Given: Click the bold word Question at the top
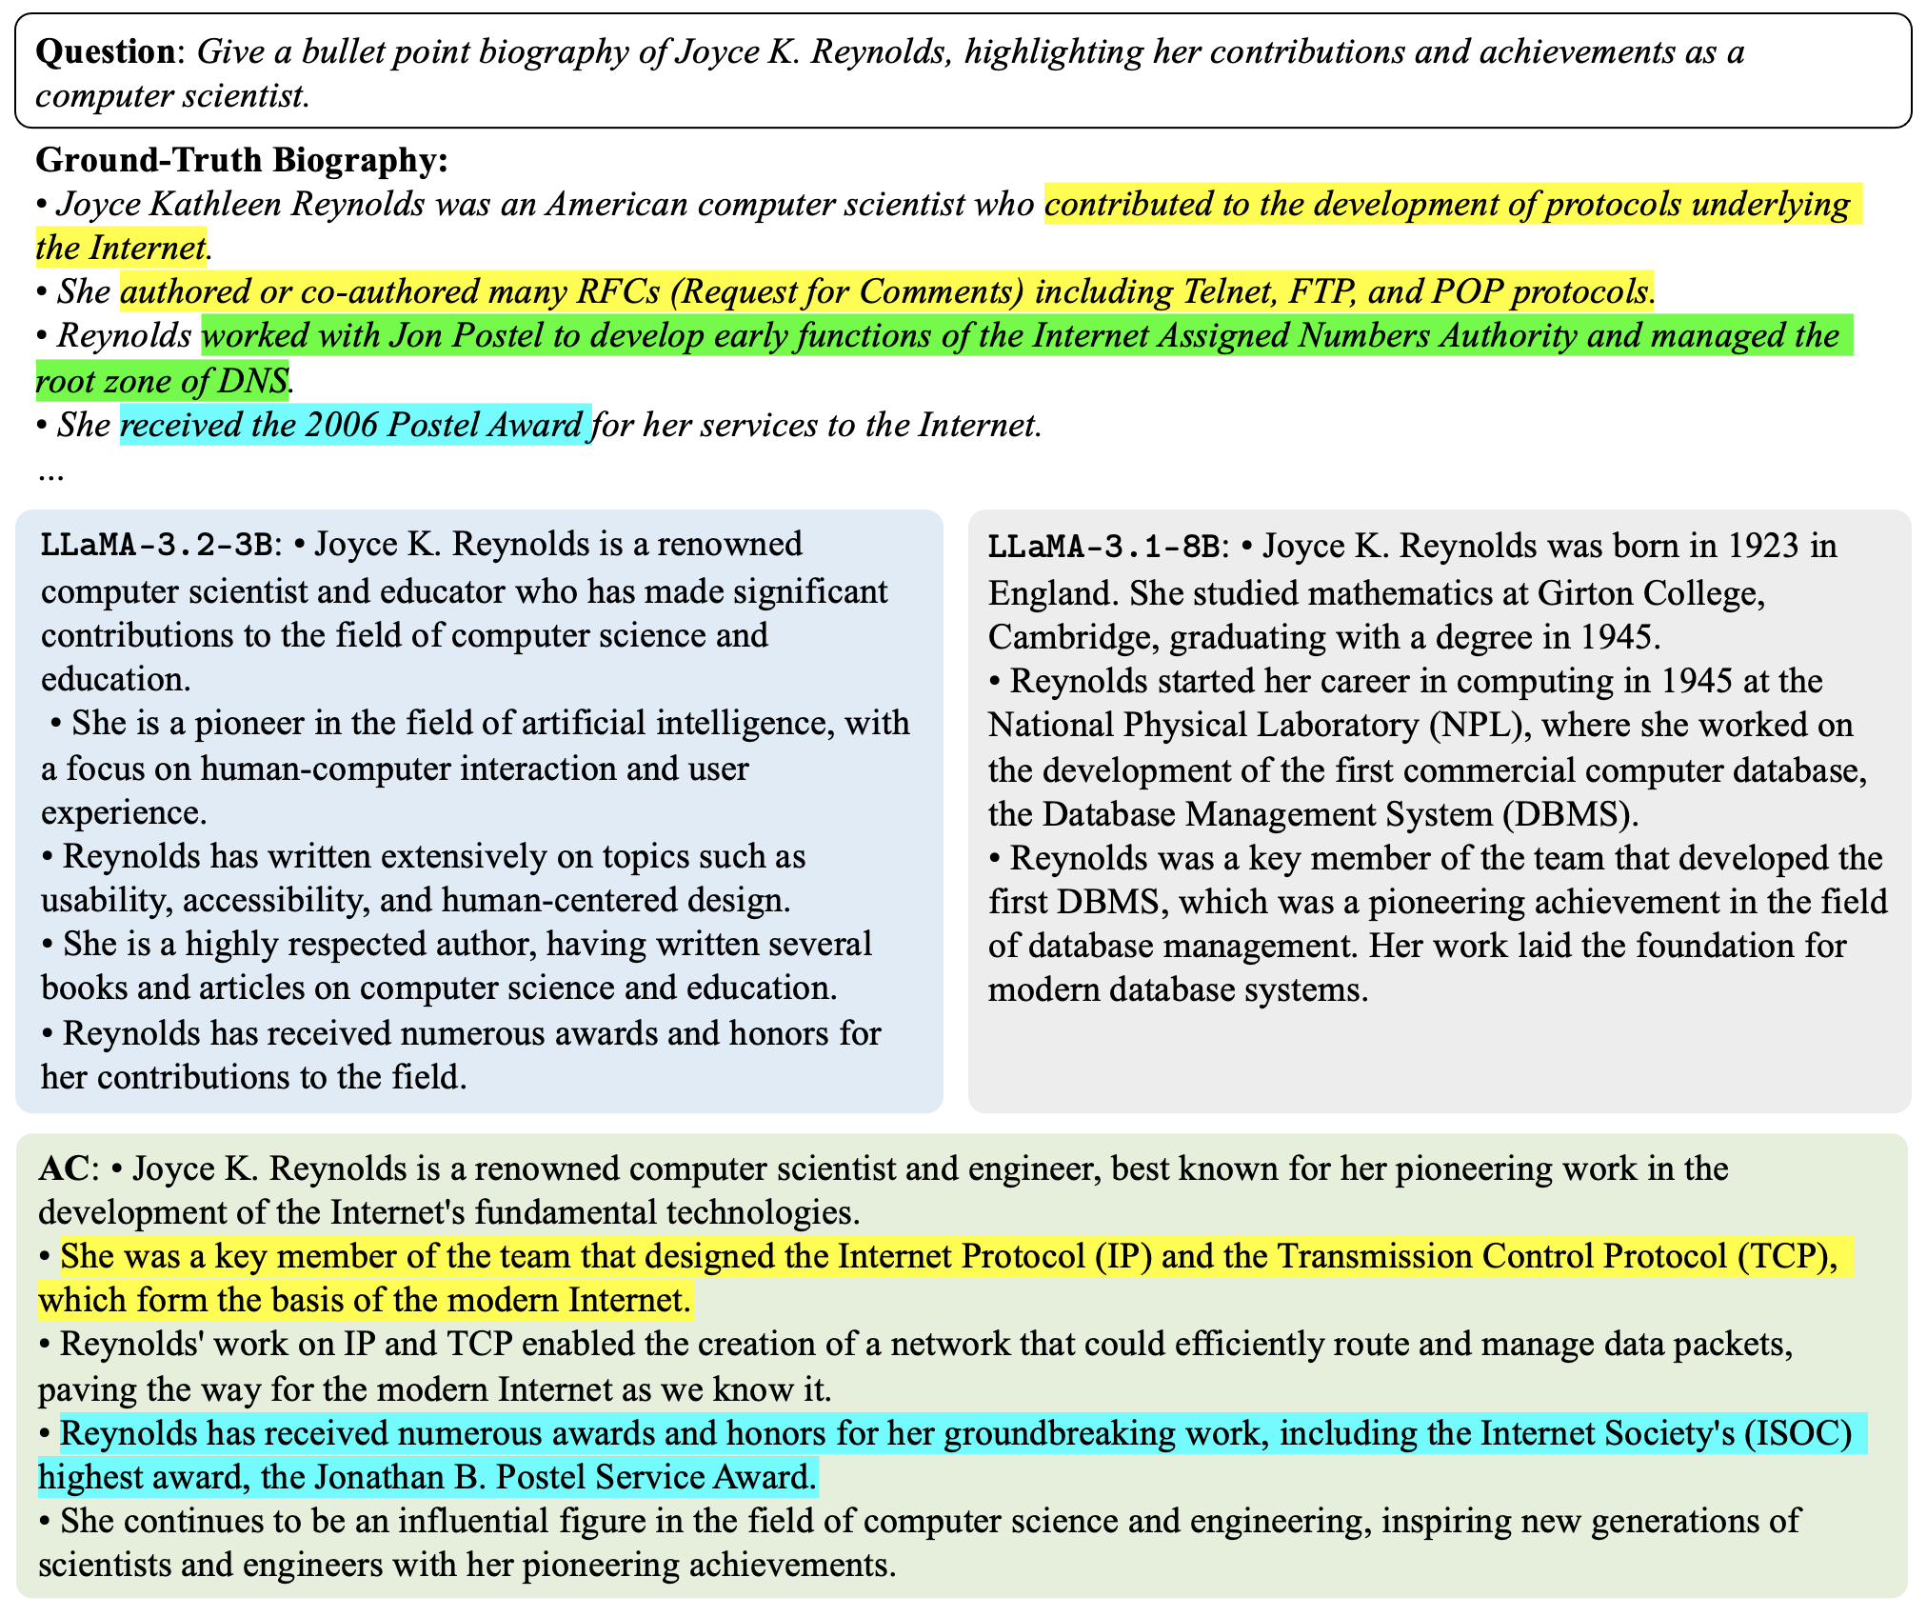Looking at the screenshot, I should [106, 51].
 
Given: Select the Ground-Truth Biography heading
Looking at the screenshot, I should [242, 160].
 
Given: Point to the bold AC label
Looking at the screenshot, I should [64, 1168].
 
